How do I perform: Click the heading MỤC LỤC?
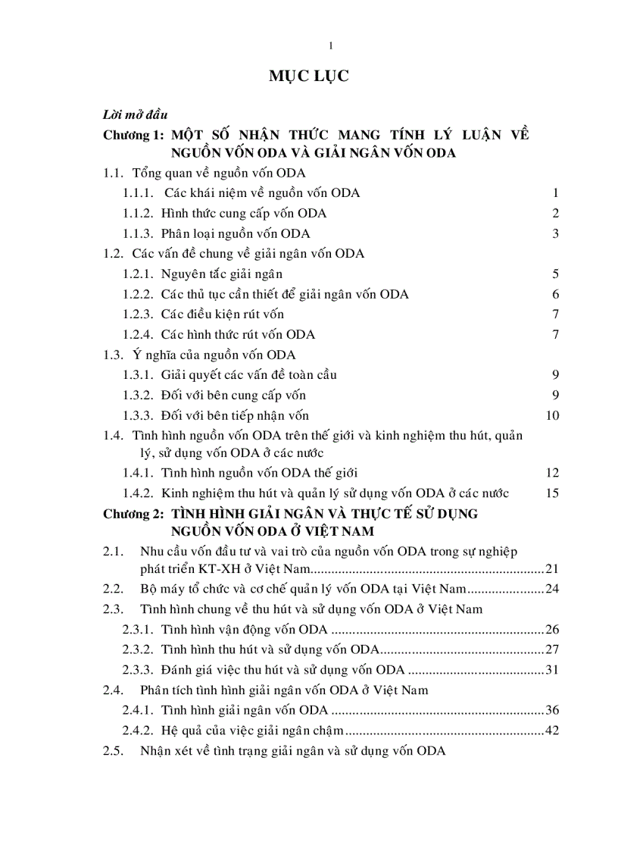click(x=308, y=77)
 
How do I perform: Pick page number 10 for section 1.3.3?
click(x=552, y=415)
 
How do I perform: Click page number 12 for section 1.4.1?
click(x=552, y=473)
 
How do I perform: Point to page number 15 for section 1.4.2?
click(x=552, y=493)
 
